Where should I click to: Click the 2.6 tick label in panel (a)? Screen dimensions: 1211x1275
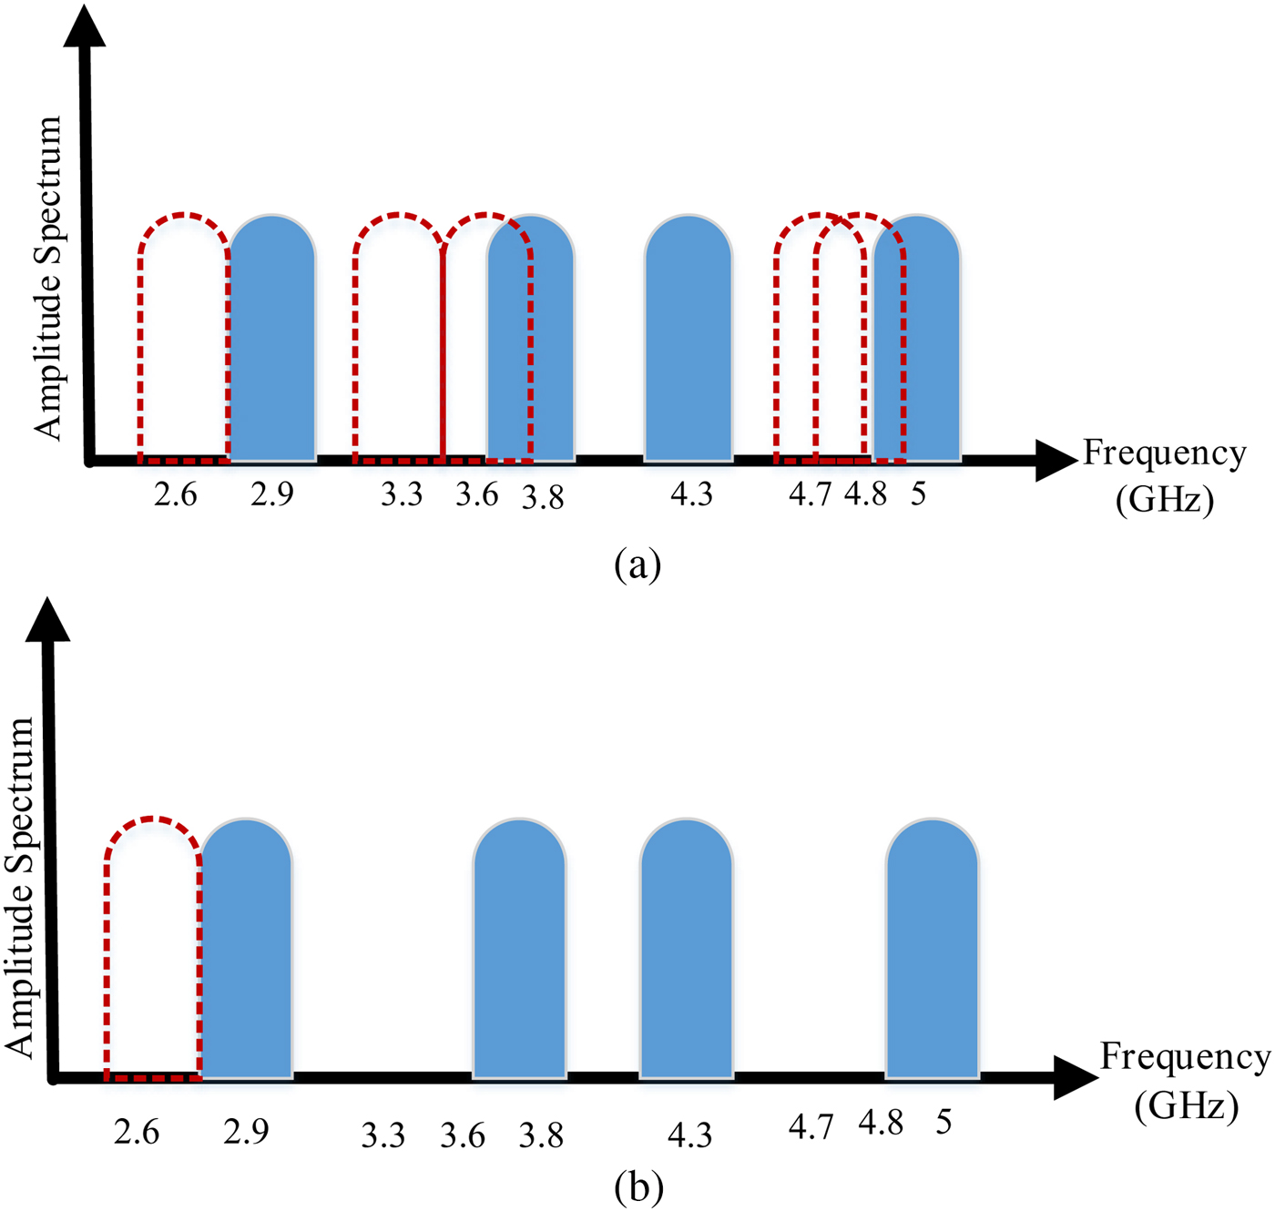(x=176, y=494)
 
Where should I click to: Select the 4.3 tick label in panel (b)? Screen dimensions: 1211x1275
(x=689, y=1135)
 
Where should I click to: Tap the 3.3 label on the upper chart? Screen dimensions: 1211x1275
(x=402, y=494)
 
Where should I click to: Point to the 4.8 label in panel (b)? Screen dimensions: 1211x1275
(x=881, y=1123)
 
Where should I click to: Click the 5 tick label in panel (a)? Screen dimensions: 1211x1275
(x=918, y=494)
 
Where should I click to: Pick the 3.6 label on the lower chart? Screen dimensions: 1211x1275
(x=463, y=1135)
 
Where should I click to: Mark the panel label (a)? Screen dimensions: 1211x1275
(x=637, y=565)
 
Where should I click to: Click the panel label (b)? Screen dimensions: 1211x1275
(x=637, y=1187)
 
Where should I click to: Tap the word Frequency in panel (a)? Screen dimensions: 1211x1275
(x=1164, y=453)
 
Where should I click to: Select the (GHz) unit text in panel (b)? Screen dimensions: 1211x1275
(x=1186, y=1106)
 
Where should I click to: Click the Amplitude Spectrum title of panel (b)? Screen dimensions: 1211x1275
(x=20, y=887)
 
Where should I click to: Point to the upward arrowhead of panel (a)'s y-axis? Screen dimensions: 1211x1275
(x=85, y=25)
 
